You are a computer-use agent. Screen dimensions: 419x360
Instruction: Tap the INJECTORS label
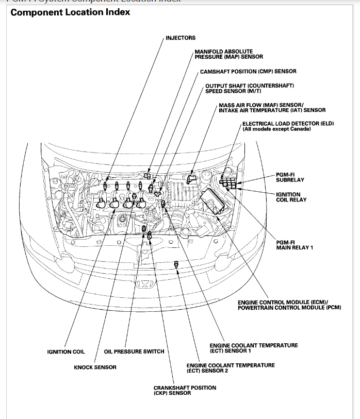coord(181,38)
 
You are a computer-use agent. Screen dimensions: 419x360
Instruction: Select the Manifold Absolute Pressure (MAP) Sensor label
coord(224,54)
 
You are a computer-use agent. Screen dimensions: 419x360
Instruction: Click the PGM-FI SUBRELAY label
coord(290,178)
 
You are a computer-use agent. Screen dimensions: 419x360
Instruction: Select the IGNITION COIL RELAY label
coord(291,197)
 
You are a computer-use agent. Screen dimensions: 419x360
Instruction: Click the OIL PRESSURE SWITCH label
coord(134,351)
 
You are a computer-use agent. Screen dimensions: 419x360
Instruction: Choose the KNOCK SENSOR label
coord(95,367)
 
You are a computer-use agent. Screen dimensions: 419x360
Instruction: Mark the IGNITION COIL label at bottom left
coord(66,352)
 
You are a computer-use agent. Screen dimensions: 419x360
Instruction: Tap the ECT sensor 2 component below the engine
coord(176,264)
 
